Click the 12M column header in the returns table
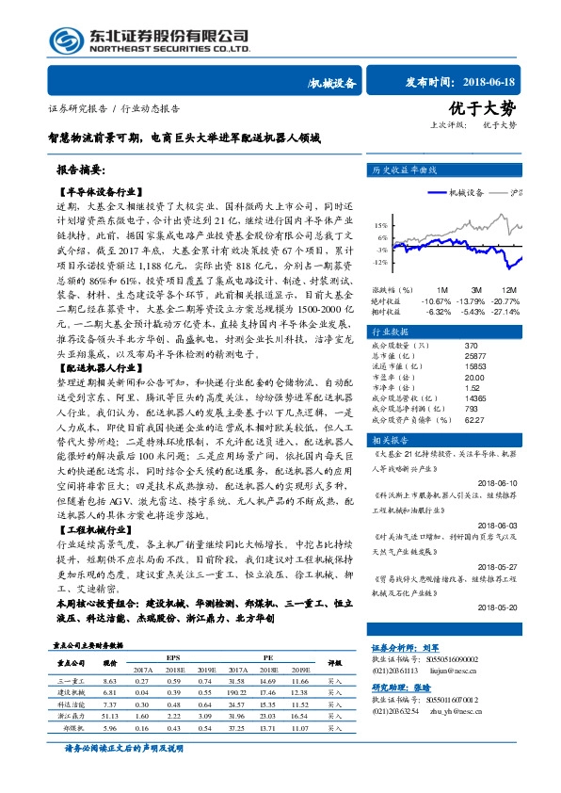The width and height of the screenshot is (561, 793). pyautogui.click(x=508, y=289)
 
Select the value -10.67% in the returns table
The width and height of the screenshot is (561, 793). pyautogui.click(x=440, y=299)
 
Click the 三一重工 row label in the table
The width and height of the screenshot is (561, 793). pyautogui.click(x=72, y=680)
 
